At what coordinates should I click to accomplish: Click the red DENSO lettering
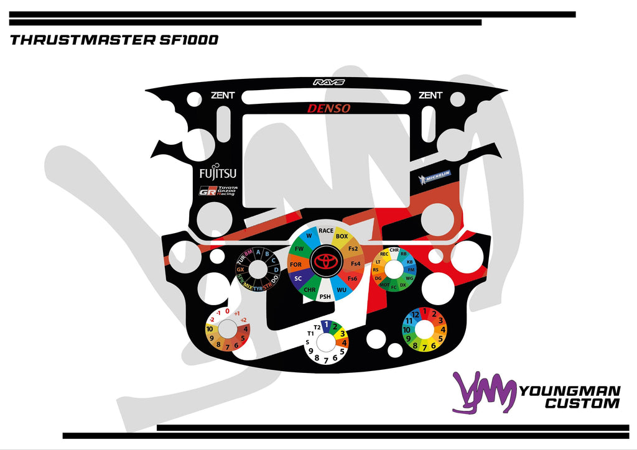tap(328, 108)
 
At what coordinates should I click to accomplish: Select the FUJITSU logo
tap(218, 173)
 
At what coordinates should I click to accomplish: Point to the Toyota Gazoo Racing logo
tap(217, 191)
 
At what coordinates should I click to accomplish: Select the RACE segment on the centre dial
tap(326, 231)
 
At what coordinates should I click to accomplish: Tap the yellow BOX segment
tap(342, 236)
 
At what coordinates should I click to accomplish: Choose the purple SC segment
tap(298, 278)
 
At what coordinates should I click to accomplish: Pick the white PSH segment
tap(325, 297)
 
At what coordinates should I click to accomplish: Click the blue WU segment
tap(342, 290)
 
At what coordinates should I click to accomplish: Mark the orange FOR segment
tap(295, 265)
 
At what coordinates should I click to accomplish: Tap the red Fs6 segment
tap(352, 278)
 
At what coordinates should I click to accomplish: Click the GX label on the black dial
tap(240, 270)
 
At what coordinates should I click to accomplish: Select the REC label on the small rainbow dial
tap(384, 254)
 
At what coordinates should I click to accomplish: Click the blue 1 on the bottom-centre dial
tap(325, 324)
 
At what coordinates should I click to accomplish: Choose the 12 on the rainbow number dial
tap(416, 315)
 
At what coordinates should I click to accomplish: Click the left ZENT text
tap(223, 95)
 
